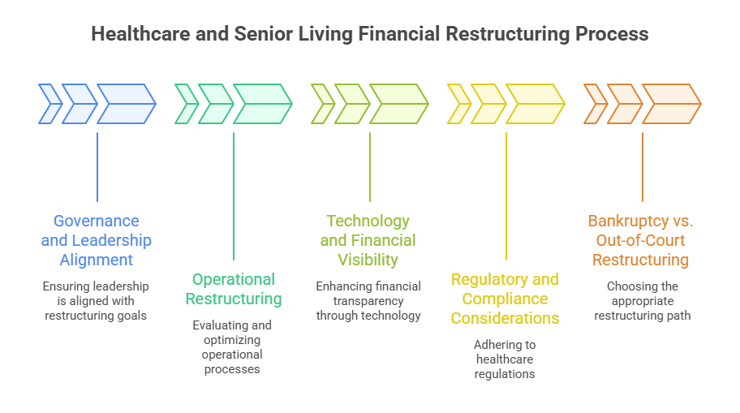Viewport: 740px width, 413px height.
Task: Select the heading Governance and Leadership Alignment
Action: click(x=97, y=240)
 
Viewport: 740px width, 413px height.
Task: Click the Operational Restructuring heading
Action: click(x=234, y=289)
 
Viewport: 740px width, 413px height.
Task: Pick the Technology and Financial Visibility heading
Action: click(x=368, y=240)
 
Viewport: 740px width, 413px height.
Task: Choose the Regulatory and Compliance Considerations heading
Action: click(x=505, y=299)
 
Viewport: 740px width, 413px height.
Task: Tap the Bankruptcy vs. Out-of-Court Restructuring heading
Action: click(x=641, y=240)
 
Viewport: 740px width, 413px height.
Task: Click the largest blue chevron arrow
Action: click(x=126, y=104)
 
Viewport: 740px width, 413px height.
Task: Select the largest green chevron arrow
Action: click(x=262, y=104)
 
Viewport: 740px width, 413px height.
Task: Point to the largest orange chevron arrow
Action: click(x=671, y=104)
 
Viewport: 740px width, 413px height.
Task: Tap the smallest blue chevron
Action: click(x=49, y=104)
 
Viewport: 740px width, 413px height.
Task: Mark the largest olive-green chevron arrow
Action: click(x=398, y=104)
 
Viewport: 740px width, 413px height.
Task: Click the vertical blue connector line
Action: click(x=97, y=166)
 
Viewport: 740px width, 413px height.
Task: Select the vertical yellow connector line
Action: click(x=506, y=195)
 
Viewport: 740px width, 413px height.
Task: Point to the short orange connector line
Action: click(x=643, y=166)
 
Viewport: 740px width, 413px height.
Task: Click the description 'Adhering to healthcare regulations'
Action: click(x=505, y=359)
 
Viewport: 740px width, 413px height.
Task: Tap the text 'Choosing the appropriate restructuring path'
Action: click(x=641, y=301)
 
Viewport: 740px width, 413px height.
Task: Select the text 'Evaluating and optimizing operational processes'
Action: click(x=234, y=346)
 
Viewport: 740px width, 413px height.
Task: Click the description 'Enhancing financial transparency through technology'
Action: click(x=368, y=301)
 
